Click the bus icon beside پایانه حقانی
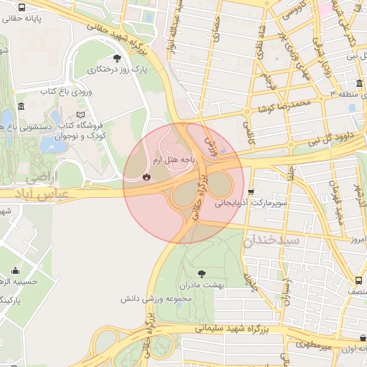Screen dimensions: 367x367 pyautogui.click(x=22, y=7)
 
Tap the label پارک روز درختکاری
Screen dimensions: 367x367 pyautogui.click(x=117, y=70)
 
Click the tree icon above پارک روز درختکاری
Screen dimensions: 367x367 pyautogui.click(x=117, y=58)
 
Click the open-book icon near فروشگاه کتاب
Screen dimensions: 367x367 pyautogui.click(x=80, y=115)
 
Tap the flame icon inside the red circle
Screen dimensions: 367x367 pyautogui.click(x=146, y=176)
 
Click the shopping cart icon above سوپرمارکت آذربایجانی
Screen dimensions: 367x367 pyautogui.click(x=251, y=192)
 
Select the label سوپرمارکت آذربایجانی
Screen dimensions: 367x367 pyautogui.click(x=251, y=204)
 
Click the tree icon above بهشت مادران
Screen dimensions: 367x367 pyautogui.click(x=201, y=273)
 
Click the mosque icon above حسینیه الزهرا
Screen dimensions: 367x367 pyautogui.click(x=15, y=271)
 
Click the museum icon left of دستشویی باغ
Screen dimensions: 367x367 pyautogui.click(x=21, y=107)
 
